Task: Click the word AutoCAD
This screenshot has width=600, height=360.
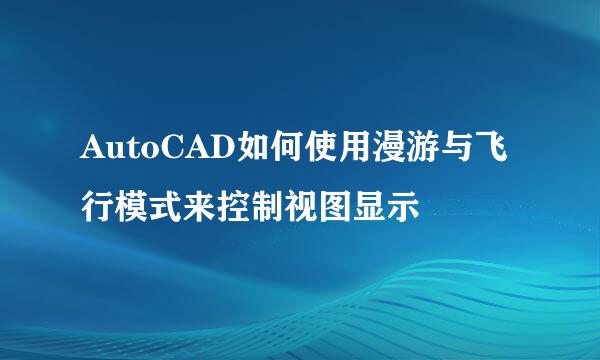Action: pyautogui.click(x=154, y=152)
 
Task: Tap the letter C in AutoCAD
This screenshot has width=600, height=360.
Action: pyautogui.click(x=183, y=152)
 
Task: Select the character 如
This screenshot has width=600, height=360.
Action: pyautogui.click(x=254, y=152)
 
